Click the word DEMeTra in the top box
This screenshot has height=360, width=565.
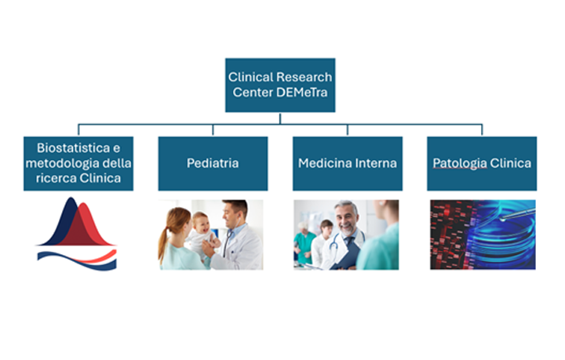(x=302, y=93)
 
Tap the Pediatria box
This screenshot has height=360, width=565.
(x=213, y=163)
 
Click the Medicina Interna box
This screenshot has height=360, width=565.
(x=348, y=163)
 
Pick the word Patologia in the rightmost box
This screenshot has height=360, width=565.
(x=460, y=164)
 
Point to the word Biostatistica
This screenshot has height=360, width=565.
(x=74, y=148)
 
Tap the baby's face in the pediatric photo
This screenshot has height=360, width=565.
(x=200, y=223)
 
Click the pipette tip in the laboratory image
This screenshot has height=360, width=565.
(x=503, y=218)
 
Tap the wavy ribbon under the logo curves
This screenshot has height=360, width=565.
(x=77, y=260)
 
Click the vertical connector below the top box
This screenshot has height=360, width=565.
(x=280, y=118)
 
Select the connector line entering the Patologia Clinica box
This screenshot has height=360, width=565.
(x=482, y=130)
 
